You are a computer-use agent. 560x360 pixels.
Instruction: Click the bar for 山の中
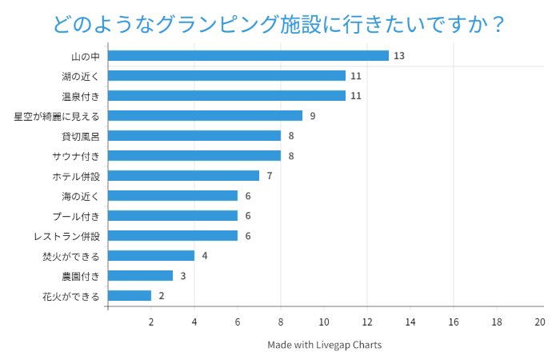pos(248,56)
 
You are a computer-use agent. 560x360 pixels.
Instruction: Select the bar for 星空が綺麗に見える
pos(205,116)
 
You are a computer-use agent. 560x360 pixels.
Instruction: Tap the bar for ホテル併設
pos(183,176)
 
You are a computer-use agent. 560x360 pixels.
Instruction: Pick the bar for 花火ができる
pos(130,296)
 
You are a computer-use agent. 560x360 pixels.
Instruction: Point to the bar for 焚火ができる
pos(151,256)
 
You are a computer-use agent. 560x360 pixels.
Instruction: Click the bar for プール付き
pos(173,216)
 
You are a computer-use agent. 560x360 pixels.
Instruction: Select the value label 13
pos(399,56)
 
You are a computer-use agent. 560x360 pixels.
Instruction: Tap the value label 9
pos(313,116)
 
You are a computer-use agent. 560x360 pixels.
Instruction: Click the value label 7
pos(270,176)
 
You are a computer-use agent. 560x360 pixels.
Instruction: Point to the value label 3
pos(183,276)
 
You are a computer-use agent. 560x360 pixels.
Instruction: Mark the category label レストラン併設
pos(67,236)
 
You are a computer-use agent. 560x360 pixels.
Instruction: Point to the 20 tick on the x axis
pos(539,322)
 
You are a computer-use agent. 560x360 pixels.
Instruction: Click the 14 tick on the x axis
pos(410,322)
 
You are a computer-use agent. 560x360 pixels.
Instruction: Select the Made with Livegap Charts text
pos(325,345)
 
